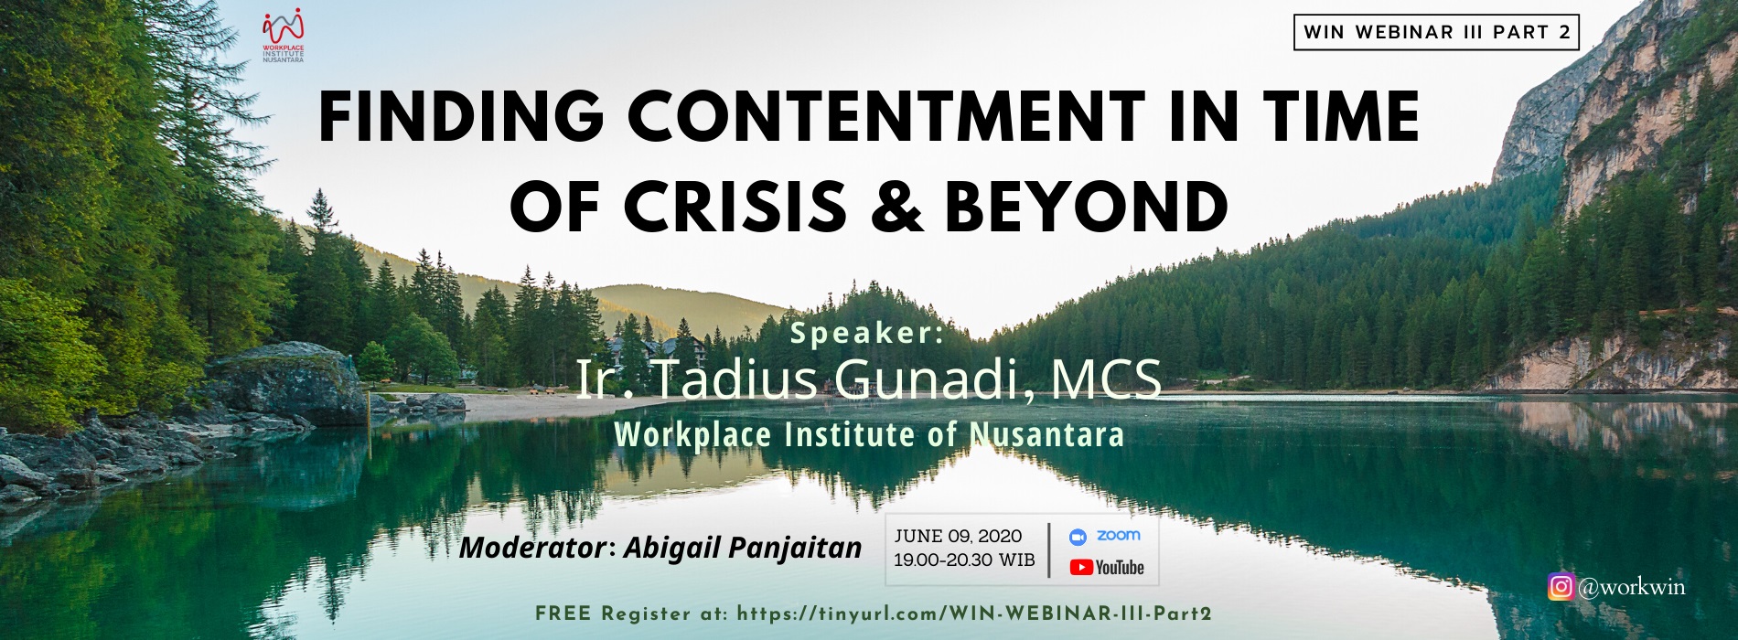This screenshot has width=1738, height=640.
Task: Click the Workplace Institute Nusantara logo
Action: (283, 36)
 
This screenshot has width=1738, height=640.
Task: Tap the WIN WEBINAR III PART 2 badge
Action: (1436, 32)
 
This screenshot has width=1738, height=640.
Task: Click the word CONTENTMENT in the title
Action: (885, 117)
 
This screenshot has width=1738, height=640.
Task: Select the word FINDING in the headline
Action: (461, 117)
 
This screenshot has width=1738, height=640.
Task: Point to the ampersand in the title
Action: (897, 205)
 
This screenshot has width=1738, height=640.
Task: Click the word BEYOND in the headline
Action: (1087, 205)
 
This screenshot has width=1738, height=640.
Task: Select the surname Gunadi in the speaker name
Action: (934, 379)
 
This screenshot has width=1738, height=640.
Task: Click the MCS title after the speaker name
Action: (1106, 379)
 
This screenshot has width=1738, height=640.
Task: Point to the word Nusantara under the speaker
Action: (1046, 434)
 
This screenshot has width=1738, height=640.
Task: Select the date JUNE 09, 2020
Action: (958, 537)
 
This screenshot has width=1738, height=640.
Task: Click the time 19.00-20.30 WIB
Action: (964, 560)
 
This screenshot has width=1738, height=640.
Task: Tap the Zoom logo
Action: (1105, 536)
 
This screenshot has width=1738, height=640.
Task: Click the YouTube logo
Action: (1107, 568)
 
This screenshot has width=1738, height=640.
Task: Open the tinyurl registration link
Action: (974, 613)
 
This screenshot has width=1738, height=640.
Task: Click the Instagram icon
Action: (1561, 586)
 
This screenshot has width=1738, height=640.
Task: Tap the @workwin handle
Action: (1631, 587)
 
